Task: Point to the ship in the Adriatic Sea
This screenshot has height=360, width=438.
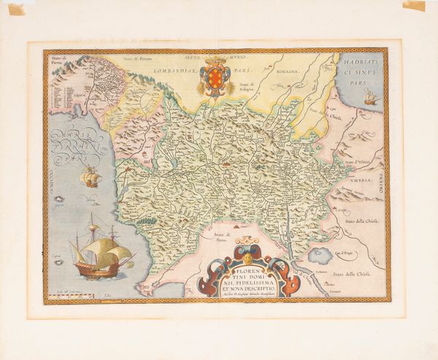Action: click(371, 96)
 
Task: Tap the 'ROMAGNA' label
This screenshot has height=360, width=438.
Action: click(291, 73)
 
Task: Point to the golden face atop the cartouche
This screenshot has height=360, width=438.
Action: click(249, 256)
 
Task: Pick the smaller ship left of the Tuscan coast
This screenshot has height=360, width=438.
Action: click(91, 177)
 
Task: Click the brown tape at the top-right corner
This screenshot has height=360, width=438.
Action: click(414, 6)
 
